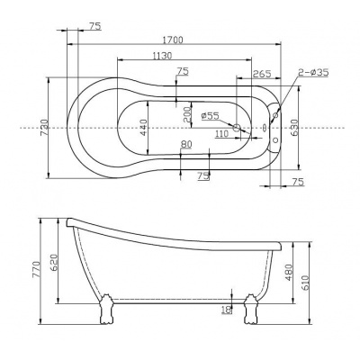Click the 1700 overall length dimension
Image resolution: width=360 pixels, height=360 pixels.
pyautogui.click(x=173, y=40)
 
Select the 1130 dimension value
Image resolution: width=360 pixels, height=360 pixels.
pyautogui.click(x=162, y=56)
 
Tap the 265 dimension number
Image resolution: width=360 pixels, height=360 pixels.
pyautogui.click(x=262, y=74)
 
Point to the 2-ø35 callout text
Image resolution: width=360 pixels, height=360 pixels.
pyautogui.click(x=313, y=72)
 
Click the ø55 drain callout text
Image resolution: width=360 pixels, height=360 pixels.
pyautogui.click(x=211, y=115)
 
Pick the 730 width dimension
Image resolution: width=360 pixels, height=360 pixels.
pyautogui.click(x=44, y=127)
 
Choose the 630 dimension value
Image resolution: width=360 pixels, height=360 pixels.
pyautogui.click(x=294, y=128)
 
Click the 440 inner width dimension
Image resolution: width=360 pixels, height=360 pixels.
pyautogui.click(x=143, y=128)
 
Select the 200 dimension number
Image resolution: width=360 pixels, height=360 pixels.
pyautogui.click(x=186, y=114)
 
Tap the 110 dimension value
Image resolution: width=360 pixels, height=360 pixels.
pyautogui.click(x=222, y=134)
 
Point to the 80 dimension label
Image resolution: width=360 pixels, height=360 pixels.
pyautogui.click(x=186, y=145)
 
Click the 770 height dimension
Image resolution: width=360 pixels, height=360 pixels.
pyautogui.click(x=36, y=269)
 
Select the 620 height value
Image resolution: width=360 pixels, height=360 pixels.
pyautogui.click(x=53, y=263)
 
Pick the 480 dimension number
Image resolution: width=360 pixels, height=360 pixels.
pyautogui.click(x=288, y=273)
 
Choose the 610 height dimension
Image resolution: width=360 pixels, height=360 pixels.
pyautogui.click(x=305, y=283)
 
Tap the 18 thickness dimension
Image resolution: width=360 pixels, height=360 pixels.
pyautogui.click(x=228, y=310)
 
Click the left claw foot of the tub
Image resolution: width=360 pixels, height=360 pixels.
pyautogui.click(x=105, y=310)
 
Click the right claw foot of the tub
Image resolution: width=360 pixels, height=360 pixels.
pyautogui.click(x=250, y=310)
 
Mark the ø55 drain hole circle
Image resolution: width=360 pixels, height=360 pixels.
pyautogui.click(x=237, y=128)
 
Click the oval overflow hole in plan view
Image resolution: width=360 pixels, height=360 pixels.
pyautogui.click(x=265, y=128)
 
